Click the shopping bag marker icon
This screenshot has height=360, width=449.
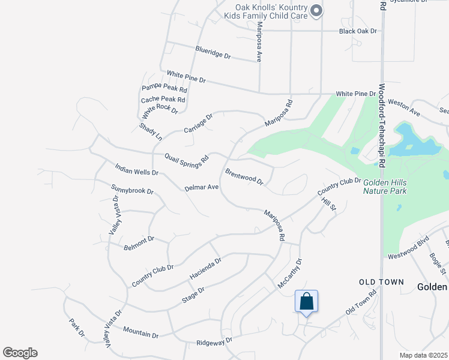pos(306,301)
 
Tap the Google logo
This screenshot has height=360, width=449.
pos(20,353)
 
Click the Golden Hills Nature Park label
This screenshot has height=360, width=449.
pos(385,186)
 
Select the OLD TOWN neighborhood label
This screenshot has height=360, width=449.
pos(381,281)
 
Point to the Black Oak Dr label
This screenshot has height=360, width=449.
pos(358,31)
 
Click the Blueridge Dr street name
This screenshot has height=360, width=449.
pos(212,52)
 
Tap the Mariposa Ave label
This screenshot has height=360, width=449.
pos(259,42)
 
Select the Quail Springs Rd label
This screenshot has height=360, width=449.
pos(187,158)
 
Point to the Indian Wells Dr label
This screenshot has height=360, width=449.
pos(136,168)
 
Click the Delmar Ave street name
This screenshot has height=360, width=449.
pos(201,187)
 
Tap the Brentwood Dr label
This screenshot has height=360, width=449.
pos(244,176)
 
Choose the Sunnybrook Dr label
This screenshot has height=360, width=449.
pos(133,191)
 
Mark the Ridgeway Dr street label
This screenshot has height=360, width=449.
pos(214,342)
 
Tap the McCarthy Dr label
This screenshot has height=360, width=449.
pos(291,273)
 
